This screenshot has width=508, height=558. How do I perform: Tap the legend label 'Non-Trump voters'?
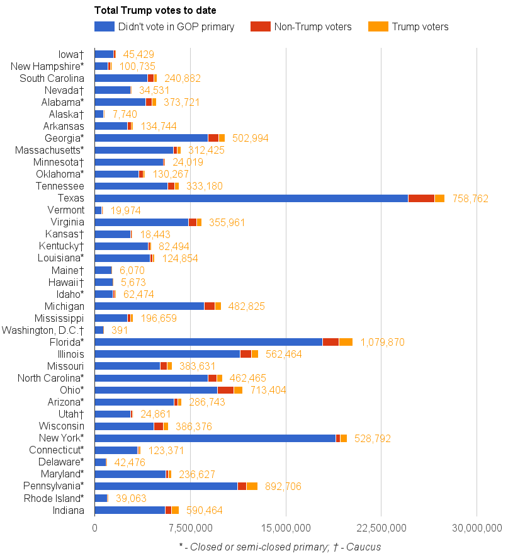[x=313, y=26]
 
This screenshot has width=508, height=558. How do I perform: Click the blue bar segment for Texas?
[x=251, y=198]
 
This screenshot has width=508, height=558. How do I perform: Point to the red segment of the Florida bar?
[x=330, y=342]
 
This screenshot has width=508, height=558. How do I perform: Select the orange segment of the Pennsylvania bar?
[x=252, y=486]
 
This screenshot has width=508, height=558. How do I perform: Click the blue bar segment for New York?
[x=215, y=438]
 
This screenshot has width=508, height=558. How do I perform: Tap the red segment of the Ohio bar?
[x=225, y=390]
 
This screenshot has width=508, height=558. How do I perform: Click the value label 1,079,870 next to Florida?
[x=382, y=343]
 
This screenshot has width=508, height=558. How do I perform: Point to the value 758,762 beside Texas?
[x=470, y=198]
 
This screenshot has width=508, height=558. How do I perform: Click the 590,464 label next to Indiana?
[x=204, y=511]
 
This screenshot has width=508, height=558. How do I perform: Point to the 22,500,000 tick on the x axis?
[x=381, y=528]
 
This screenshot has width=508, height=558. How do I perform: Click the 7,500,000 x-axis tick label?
[x=190, y=528]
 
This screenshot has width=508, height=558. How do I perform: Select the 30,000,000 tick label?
[x=476, y=528]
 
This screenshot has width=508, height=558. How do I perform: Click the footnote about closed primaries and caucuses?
[x=279, y=547]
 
